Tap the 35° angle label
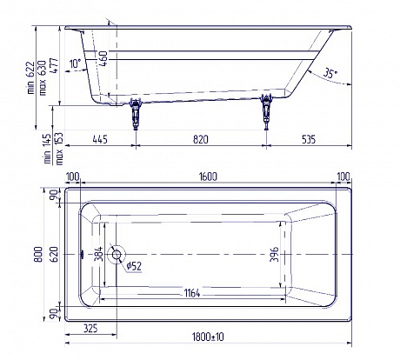click(330, 72)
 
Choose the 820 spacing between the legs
click(200, 138)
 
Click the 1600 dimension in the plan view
click(207, 177)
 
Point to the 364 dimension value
click(98, 255)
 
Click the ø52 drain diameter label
click(134, 266)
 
